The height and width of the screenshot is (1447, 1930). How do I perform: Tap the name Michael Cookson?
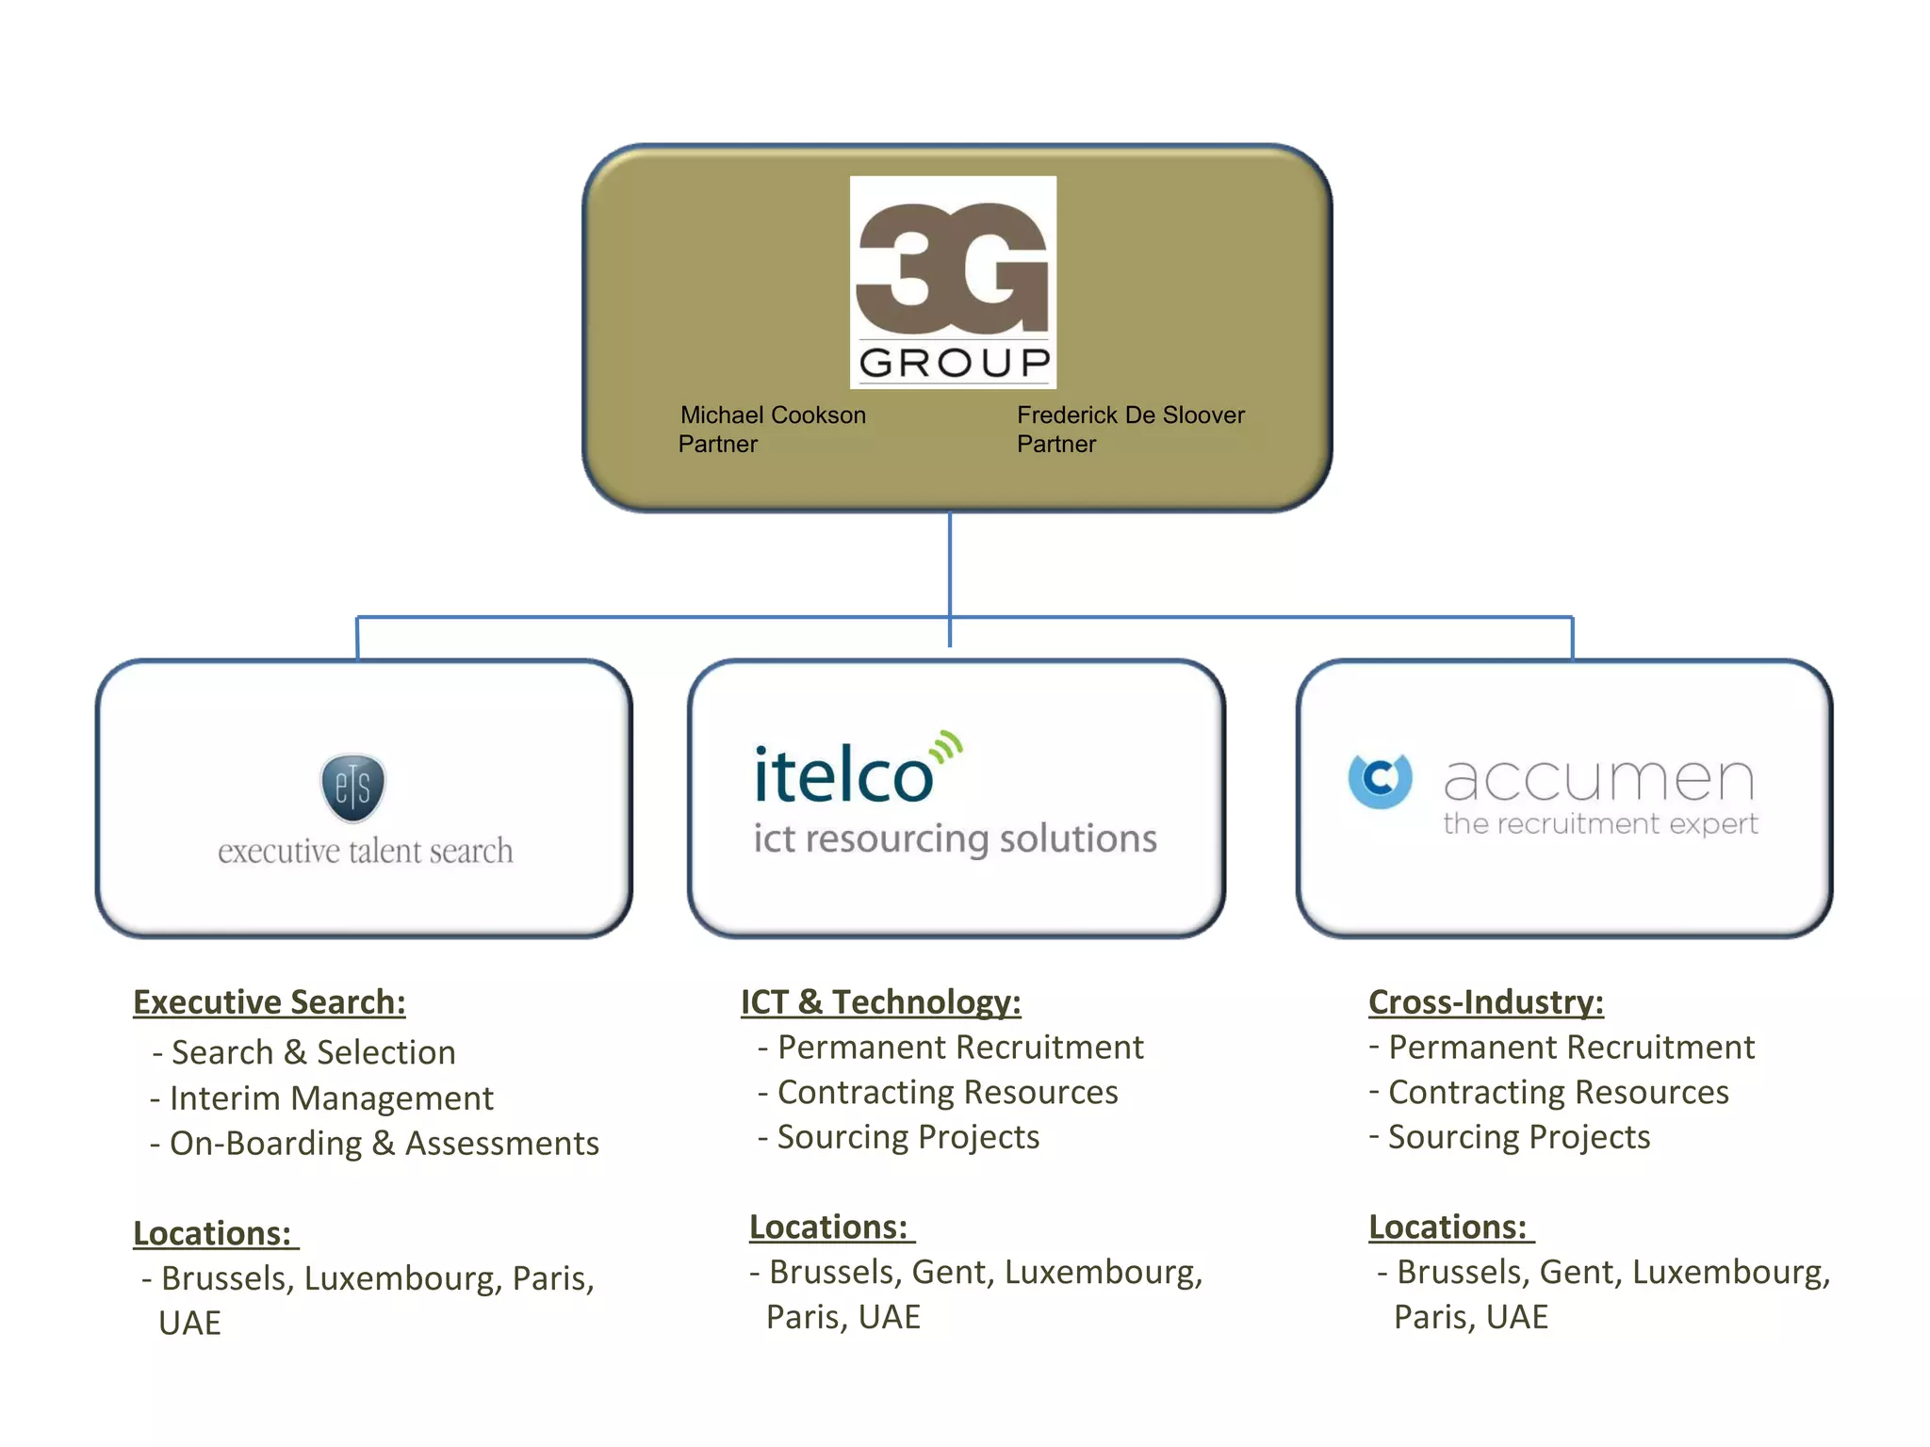pos(773,415)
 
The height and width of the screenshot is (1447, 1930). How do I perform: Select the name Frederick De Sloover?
pos(1131,415)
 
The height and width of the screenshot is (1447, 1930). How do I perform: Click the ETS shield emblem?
pos(352,787)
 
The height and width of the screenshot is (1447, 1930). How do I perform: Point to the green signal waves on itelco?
pos(946,747)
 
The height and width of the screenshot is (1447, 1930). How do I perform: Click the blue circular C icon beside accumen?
pos(1381,780)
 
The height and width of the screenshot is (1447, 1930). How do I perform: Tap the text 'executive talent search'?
pos(366,852)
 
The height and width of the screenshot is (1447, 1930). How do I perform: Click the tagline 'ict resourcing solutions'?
pos(955,838)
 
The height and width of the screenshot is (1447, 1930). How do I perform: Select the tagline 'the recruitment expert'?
pos(1600,824)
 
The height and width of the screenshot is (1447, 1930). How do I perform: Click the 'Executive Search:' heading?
pos(270,1002)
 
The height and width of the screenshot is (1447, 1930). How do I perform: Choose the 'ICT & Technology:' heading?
pos(880,1002)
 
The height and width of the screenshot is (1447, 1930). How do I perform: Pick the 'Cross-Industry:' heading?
pos(1486,1002)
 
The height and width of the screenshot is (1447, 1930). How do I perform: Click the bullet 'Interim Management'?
pos(331,1098)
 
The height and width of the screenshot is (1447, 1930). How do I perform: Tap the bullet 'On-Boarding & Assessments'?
pos(384,1144)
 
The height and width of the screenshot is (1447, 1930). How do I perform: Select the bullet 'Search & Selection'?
pos(313,1052)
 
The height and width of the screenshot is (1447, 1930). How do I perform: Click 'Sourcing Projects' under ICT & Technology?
pos(908,1137)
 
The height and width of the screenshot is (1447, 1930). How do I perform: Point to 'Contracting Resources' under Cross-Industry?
pos(1558,1092)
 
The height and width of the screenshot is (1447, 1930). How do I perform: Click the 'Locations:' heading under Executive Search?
pos(213,1233)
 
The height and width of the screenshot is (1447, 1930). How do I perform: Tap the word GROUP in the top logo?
pos(954,363)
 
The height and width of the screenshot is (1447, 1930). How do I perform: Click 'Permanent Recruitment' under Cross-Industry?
pos(1571,1047)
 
